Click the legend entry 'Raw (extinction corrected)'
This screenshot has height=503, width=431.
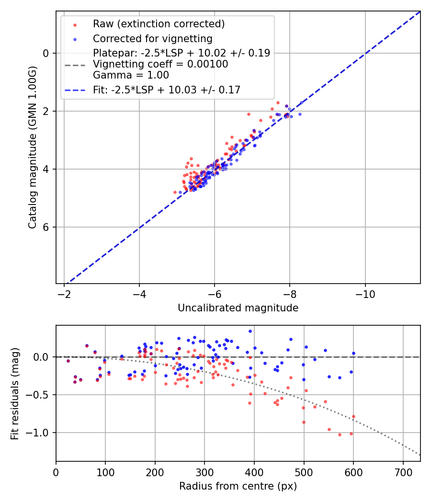(x=159, y=24)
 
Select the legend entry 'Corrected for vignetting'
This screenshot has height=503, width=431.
(x=152, y=38)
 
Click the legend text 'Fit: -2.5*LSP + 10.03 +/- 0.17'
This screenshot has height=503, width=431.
(x=166, y=90)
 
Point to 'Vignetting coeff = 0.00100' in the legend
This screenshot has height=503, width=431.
(x=160, y=64)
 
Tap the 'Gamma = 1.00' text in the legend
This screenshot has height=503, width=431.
(x=131, y=75)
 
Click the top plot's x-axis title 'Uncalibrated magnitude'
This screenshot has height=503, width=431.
(x=238, y=308)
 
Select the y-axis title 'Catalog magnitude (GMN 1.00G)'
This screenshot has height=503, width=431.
(x=33, y=148)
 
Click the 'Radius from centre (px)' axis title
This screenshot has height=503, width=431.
(x=238, y=486)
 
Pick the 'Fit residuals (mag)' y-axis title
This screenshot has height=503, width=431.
(x=15, y=394)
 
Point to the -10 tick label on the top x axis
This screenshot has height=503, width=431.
(x=365, y=293)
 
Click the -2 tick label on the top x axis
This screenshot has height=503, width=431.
(x=64, y=293)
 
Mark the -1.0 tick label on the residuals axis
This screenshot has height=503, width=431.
(x=41, y=433)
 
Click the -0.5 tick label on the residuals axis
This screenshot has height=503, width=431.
(x=41, y=395)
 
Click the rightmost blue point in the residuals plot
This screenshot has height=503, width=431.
(x=353, y=353)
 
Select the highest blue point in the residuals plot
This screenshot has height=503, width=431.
(x=250, y=331)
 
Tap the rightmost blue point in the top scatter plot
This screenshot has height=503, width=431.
(x=300, y=114)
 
